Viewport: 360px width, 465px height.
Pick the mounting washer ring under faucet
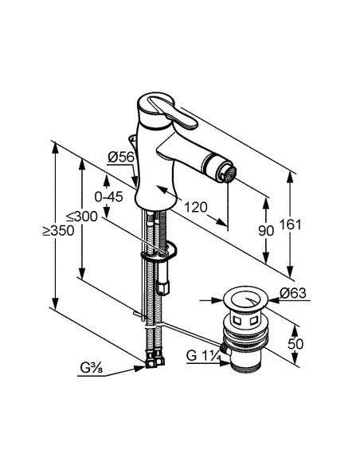[158, 255]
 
